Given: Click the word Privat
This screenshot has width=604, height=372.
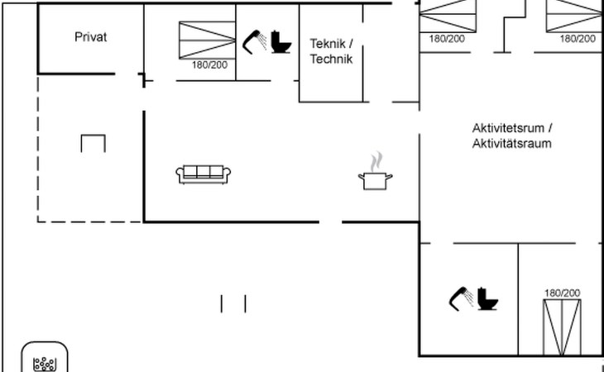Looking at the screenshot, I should [x=91, y=36].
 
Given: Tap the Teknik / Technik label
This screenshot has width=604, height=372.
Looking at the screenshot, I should [x=331, y=50].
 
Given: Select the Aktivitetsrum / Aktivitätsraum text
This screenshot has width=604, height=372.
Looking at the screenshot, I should [x=512, y=136].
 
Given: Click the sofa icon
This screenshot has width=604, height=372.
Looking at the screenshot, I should [x=204, y=173].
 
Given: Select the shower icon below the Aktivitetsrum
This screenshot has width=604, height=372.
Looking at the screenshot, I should [x=461, y=298].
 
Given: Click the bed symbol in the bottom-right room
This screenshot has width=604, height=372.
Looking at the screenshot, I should [x=562, y=326].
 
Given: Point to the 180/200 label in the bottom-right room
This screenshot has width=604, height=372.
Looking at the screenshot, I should [x=563, y=293].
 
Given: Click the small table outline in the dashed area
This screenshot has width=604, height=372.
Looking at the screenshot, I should [x=93, y=143].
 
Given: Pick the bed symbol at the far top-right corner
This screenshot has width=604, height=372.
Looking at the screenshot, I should [x=575, y=15].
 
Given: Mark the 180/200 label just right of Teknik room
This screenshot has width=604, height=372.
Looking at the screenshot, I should [x=446, y=38].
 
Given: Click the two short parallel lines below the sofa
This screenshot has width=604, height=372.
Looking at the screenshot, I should [x=233, y=303].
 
